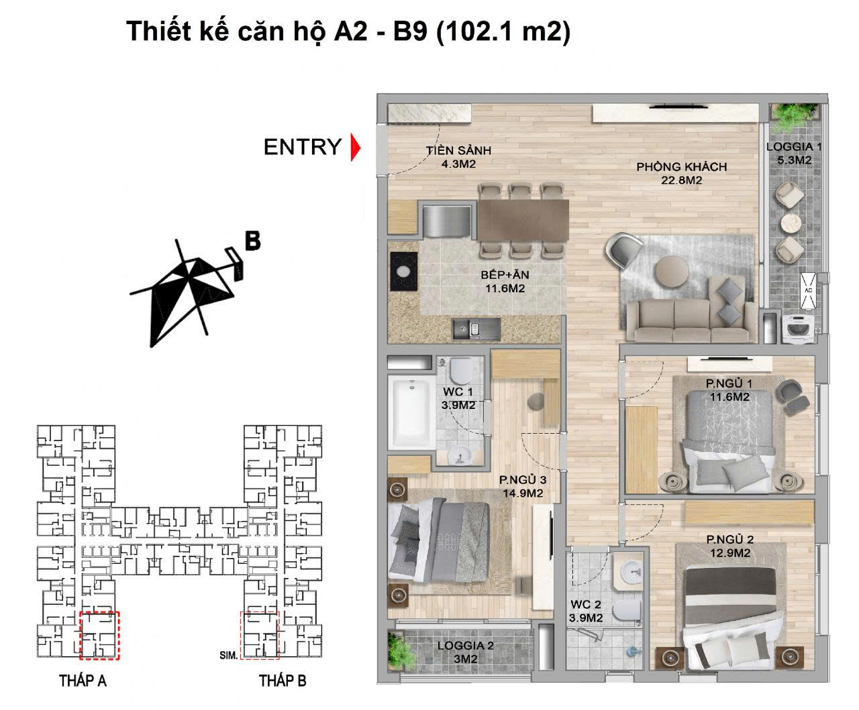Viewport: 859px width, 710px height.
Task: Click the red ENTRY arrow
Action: coord(355,147)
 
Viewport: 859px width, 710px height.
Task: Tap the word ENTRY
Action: coord(302,147)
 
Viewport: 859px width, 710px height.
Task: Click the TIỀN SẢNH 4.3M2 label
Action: coord(453,156)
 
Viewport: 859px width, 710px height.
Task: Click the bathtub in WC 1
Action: coord(411,414)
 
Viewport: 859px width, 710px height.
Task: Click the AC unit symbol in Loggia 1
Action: coord(808,290)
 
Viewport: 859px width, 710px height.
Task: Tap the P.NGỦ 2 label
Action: coord(729,546)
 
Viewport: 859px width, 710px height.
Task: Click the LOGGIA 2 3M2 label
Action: coord(465,652)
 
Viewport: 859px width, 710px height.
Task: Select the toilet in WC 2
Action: coord(627,609)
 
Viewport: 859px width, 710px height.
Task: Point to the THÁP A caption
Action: coord(83,681)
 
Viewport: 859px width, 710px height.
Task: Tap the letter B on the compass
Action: coord(252,241)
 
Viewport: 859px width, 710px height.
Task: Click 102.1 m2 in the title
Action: coord(503,32)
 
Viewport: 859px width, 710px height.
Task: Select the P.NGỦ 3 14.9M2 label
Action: coord(522,486)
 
